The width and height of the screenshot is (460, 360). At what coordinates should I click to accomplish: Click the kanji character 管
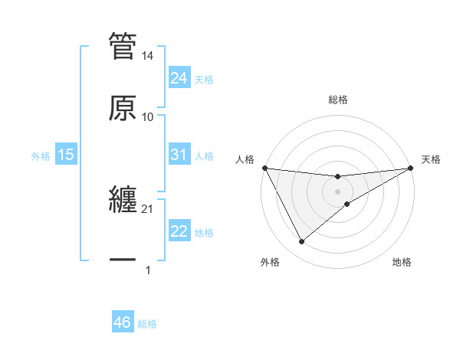(123, 46)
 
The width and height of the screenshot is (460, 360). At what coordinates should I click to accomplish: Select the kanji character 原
(123, 107)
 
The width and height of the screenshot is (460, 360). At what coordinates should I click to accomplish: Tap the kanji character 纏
(123, 199)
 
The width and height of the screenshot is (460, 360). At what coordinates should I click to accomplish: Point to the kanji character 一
(123, 260)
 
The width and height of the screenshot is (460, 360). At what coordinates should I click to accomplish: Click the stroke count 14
(148, 56)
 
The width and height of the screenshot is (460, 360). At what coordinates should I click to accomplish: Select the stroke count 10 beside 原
(148, 117)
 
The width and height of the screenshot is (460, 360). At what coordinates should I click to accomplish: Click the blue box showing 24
(179, 78)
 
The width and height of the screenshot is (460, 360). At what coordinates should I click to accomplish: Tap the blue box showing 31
(179, 155)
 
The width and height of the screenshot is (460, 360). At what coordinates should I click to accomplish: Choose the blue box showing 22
(179, 231)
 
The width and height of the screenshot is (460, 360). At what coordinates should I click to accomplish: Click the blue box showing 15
(66, 155)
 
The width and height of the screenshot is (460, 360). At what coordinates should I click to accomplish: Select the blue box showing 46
(123, 322)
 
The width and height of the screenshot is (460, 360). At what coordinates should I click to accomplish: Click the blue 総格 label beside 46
(147, 324)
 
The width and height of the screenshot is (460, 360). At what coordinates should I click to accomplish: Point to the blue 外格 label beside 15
(41, 156)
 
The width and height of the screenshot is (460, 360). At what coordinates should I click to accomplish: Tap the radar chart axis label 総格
(338, 100)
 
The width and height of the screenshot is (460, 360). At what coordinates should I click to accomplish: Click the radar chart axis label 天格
(431, 159)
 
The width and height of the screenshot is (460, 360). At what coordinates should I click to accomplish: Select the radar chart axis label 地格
(402, 262)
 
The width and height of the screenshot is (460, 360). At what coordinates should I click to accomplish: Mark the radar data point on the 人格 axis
(264, 168)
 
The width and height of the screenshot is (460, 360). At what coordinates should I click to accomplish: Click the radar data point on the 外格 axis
(301, 242)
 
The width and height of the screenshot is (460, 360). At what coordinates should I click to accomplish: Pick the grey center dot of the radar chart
(338, 191)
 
